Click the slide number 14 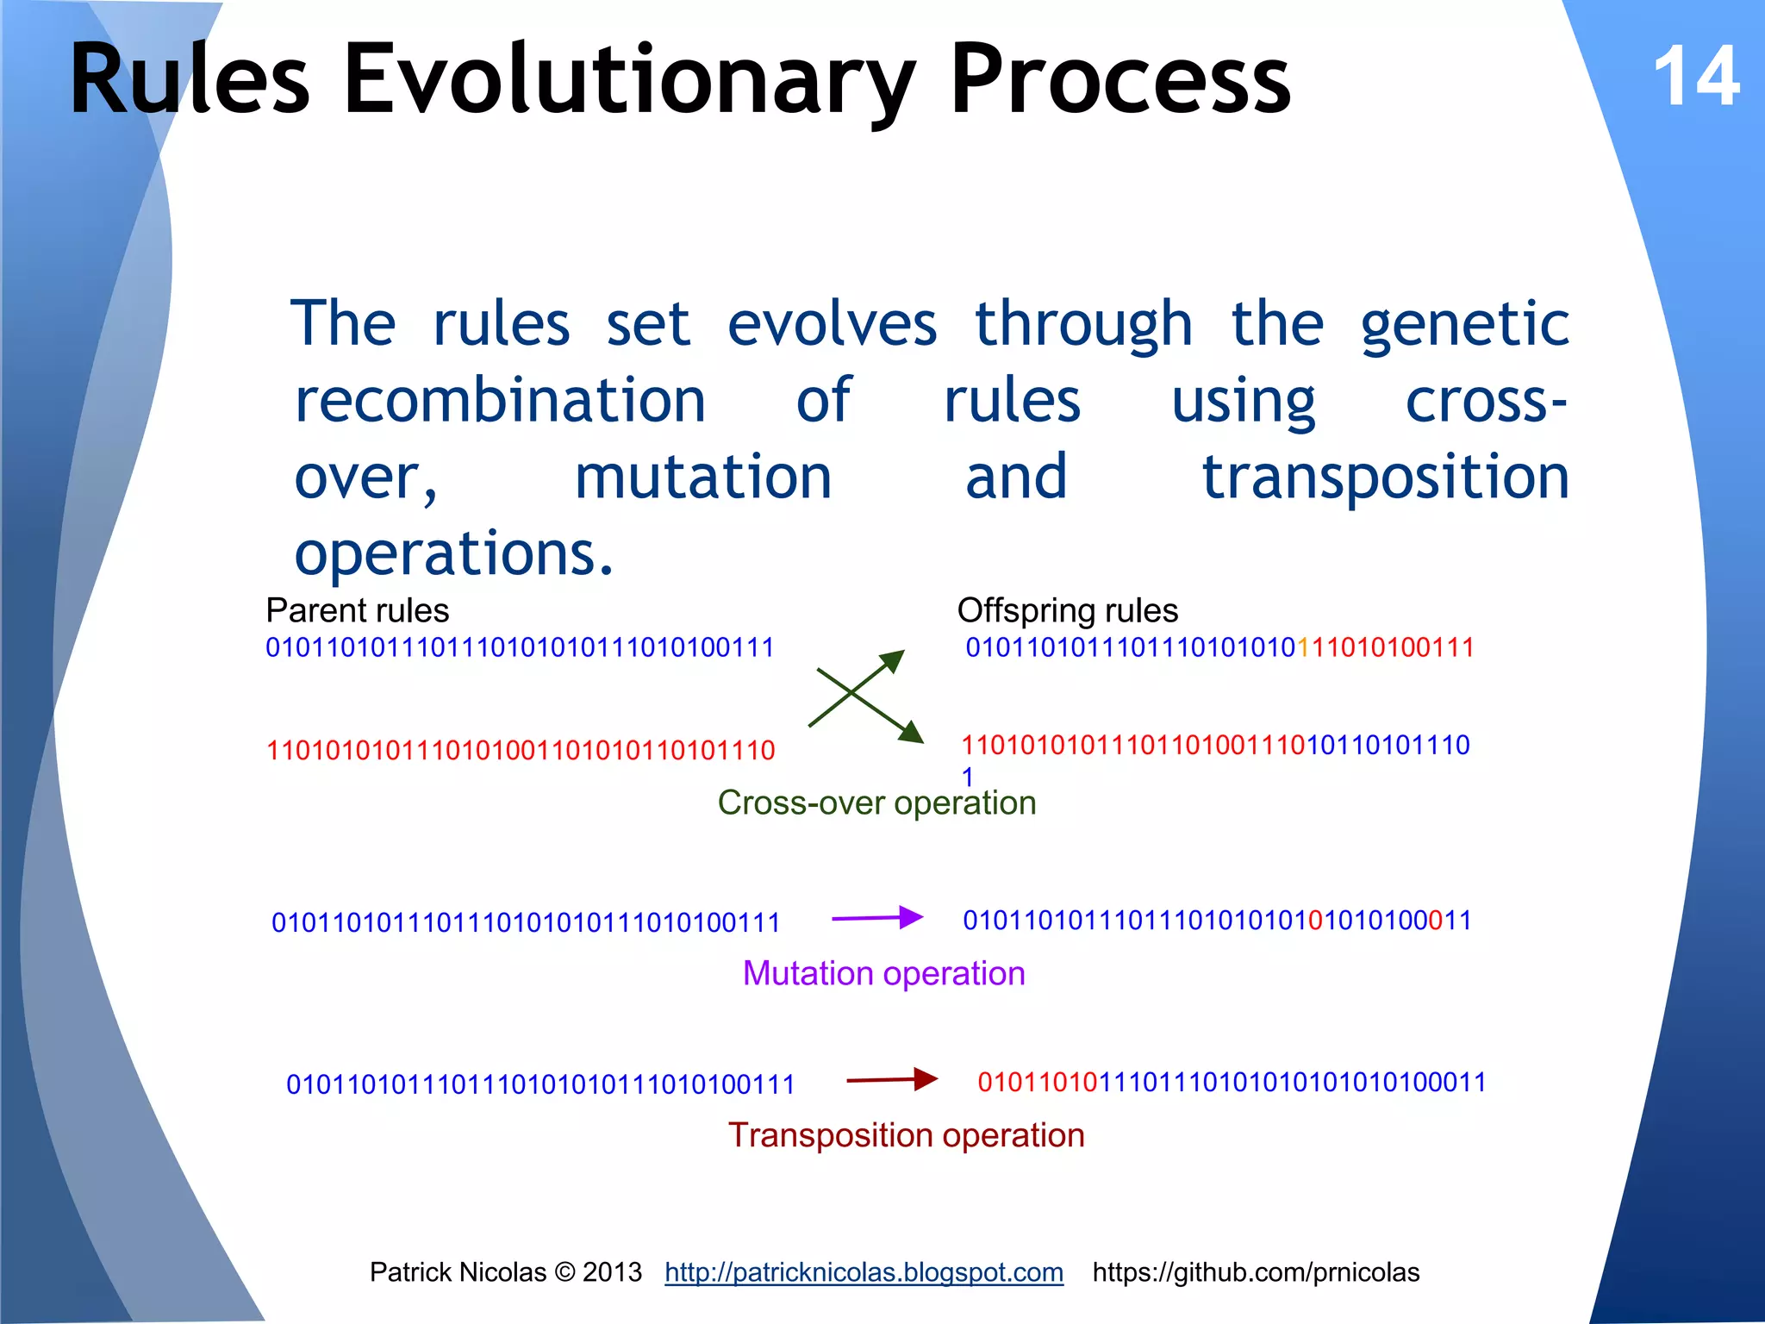[x=1696, y=78]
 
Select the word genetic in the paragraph [x=1464, y=326]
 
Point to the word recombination [x=500, y=401]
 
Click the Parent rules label [x=357, y=610]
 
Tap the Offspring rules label [x=1067, y=610]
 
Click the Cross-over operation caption [x=876, y=803]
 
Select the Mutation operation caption [x=883, y=973]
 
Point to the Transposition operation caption [x=906, y=1135]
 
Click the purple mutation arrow [x=876, y=918]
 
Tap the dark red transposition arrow [x=892, y=1079]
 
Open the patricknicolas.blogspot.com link [x=864, y=1272]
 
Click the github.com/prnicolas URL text [x=1256, y=1272]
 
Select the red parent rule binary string [x=521, y=751]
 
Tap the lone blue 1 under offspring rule [x=968, y=777]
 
